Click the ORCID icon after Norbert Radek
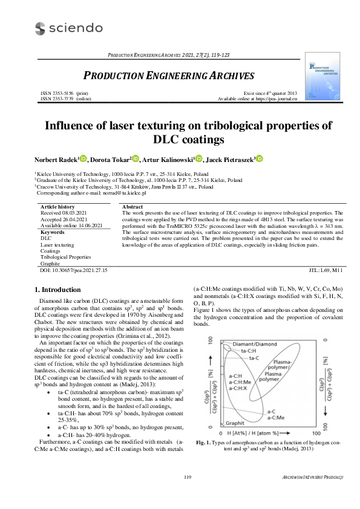coord(83,160)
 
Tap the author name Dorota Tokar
coord(110,160)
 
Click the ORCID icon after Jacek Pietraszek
coord(260,159)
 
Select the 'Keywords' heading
coord(52,232)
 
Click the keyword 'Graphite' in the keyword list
coord(50,264)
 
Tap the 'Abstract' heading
coord(133,207)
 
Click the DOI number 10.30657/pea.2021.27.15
coord(73,271)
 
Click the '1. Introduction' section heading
coord(59,290)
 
